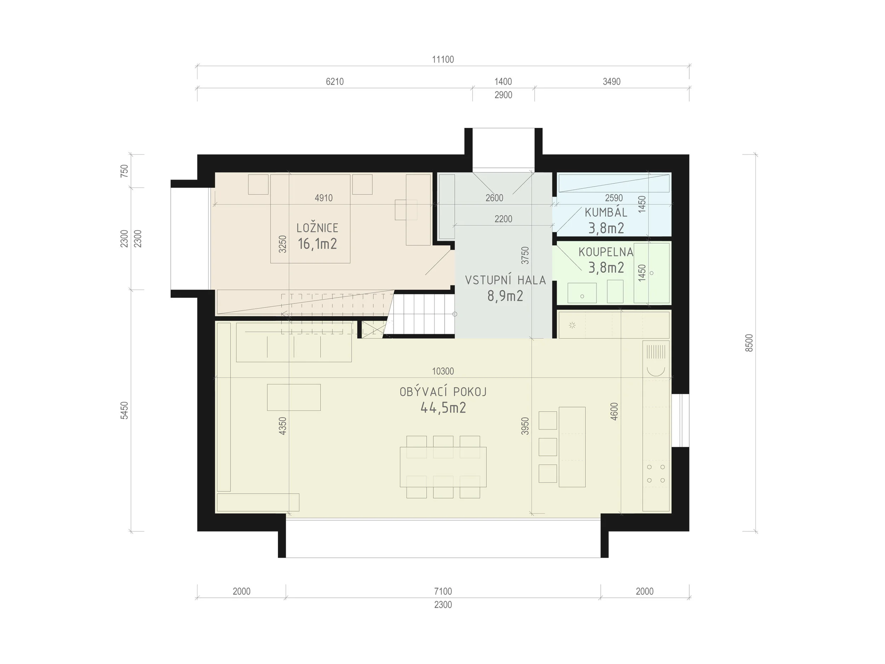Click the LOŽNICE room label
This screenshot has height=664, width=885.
pos(317,228)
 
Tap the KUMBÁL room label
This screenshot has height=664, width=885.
pos(606,212)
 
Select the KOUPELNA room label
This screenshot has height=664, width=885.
pos(606,252)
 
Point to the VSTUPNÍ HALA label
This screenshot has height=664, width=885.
pos(505,280)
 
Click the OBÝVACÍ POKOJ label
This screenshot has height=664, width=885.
pos(443,392)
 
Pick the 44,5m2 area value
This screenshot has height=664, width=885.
pos(443,408)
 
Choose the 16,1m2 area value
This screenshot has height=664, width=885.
pos(317,244)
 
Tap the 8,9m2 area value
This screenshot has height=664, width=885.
pos(505,296)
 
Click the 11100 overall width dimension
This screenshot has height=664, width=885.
pos(443,59)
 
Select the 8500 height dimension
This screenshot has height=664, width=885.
pos(749,343)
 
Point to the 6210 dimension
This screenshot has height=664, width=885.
pos(335,82)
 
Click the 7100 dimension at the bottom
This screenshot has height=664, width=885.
pos(443,591)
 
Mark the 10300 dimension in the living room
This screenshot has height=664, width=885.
pos(443,371)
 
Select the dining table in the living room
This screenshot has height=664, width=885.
pos(443,467)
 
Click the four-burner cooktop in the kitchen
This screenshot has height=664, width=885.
pos(656,473)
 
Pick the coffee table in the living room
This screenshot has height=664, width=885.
pos(294,397)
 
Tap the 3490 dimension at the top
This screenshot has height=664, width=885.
pos(612,82)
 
